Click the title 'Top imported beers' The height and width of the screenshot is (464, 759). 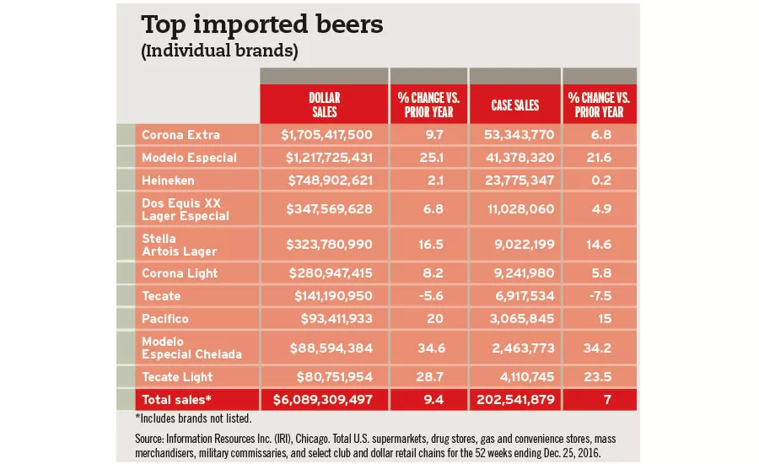[x=261, y=24]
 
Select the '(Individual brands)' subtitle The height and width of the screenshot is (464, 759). [x=218, y=51]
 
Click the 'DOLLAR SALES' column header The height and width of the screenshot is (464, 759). [x=324, y=105]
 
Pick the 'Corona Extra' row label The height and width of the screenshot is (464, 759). [x=180, y=134]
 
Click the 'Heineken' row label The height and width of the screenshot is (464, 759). [x=170, y=181]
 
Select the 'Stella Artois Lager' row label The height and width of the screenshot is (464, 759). [x=179, y=245]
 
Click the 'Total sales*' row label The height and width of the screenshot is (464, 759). [x=178, y=400]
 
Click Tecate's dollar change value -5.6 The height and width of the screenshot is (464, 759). [x=428, y=296]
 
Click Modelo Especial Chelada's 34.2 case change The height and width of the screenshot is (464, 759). [x=600, y=348]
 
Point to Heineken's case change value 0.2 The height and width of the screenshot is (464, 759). [x=600, y=181]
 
